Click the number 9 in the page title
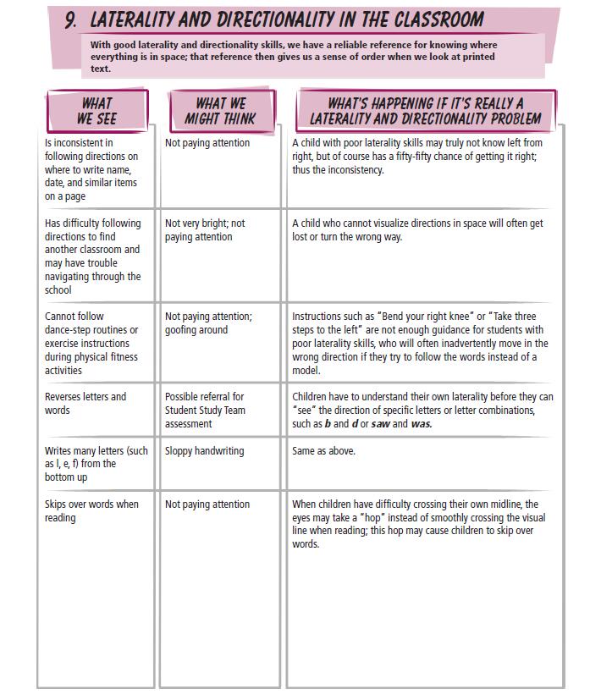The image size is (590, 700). (72, 19)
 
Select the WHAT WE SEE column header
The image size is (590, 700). (96, 111)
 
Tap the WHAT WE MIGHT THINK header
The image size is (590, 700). (220, 111)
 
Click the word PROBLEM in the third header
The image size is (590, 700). (507, 119)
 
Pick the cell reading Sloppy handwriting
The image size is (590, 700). (204, 451)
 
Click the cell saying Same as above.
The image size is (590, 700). (323, 451)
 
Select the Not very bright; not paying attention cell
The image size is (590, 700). (205, 230)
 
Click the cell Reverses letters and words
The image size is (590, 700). (85, 403)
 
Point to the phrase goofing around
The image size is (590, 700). (196, 330)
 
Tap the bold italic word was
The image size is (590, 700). (421, 424)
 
